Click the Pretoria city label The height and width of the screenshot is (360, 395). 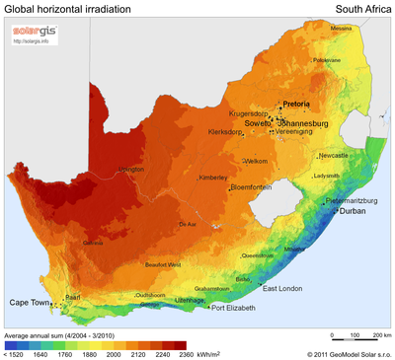296,104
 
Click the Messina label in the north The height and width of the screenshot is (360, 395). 341,29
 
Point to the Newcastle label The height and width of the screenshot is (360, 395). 333,155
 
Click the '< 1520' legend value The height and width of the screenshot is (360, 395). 15,353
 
